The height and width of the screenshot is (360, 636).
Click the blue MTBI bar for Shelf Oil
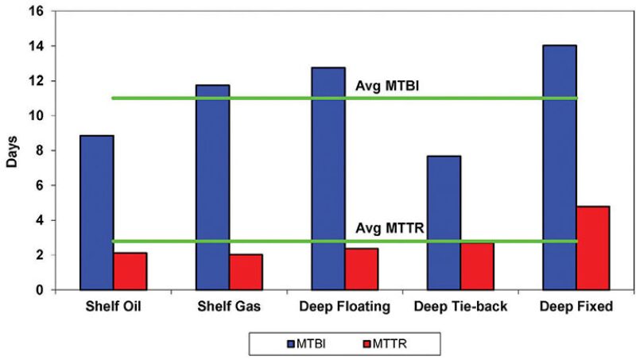coord(96,212)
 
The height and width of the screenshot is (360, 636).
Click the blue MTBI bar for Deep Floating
coord(328,178)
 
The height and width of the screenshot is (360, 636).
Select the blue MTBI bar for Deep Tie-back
coord(444,223)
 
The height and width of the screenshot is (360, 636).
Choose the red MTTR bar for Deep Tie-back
coord(477,266)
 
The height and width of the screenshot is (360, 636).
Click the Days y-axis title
coord(12,151)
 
